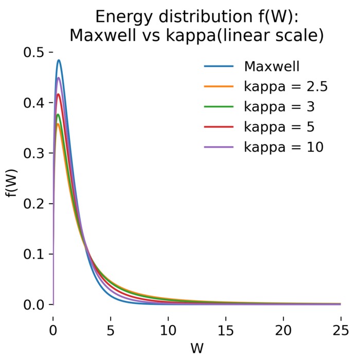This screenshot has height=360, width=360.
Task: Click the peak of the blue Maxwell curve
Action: click(x=59, y=60)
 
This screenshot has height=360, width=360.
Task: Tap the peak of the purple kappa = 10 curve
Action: click(x=59, y=78)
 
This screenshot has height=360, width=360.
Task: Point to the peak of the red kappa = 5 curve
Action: click(x=58, y=94)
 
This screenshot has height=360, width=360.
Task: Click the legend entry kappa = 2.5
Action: click(x=285, y=87)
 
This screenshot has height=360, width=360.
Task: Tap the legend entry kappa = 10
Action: click(x=283, y=147)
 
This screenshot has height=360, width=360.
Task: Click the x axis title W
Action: click(x=197, y=348)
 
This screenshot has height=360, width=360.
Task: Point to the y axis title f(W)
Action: click(x=11, y=178)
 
